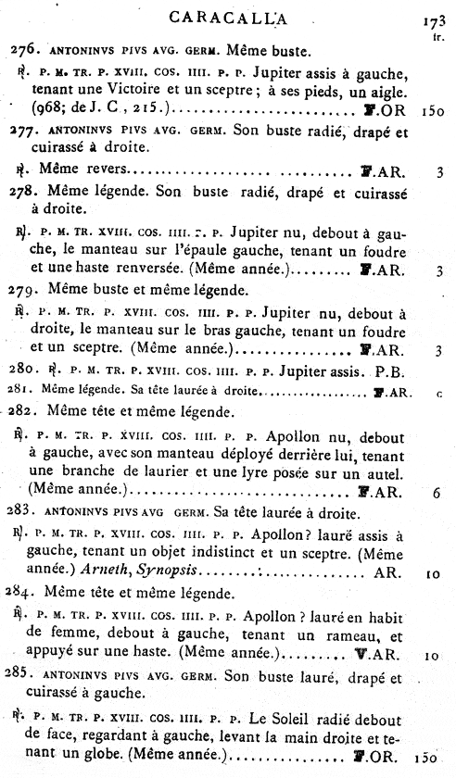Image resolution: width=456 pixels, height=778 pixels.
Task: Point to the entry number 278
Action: click(25, 194)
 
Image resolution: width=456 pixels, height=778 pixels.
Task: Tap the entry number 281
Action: click(21, 392)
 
